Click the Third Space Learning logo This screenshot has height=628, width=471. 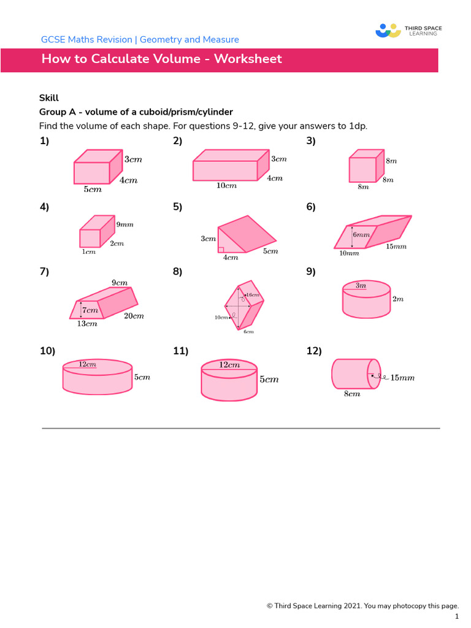408,30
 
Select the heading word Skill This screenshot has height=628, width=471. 49,98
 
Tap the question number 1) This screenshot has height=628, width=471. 44,141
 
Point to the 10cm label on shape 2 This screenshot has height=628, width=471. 226,186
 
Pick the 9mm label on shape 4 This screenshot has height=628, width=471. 124,224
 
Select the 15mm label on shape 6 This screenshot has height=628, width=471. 396,247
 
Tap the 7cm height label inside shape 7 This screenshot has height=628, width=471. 90,310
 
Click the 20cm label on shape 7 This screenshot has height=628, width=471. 134,316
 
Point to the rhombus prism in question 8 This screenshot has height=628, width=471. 243,304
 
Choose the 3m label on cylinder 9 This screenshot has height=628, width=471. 361,285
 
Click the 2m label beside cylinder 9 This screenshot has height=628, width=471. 398,299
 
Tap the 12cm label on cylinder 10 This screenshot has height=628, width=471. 87,364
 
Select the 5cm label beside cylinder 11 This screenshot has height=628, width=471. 269,380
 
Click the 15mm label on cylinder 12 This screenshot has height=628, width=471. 402,378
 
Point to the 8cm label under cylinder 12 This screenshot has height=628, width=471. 351,394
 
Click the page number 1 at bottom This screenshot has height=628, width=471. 456,616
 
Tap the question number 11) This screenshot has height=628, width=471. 180,351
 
